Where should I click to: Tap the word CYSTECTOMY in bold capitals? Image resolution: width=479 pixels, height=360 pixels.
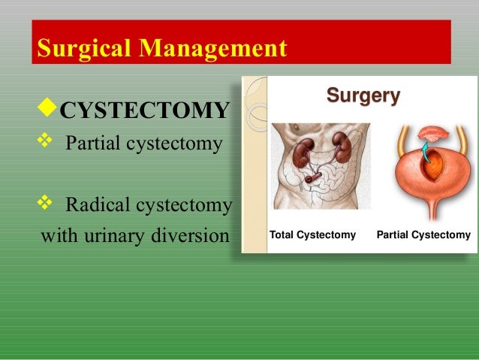coord(143,112)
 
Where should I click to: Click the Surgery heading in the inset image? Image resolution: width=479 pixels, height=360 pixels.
coord(363,96)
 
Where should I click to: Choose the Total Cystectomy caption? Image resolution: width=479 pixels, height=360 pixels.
coord(312,235)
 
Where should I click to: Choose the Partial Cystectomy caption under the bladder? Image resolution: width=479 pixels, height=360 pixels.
coord(423,235)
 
